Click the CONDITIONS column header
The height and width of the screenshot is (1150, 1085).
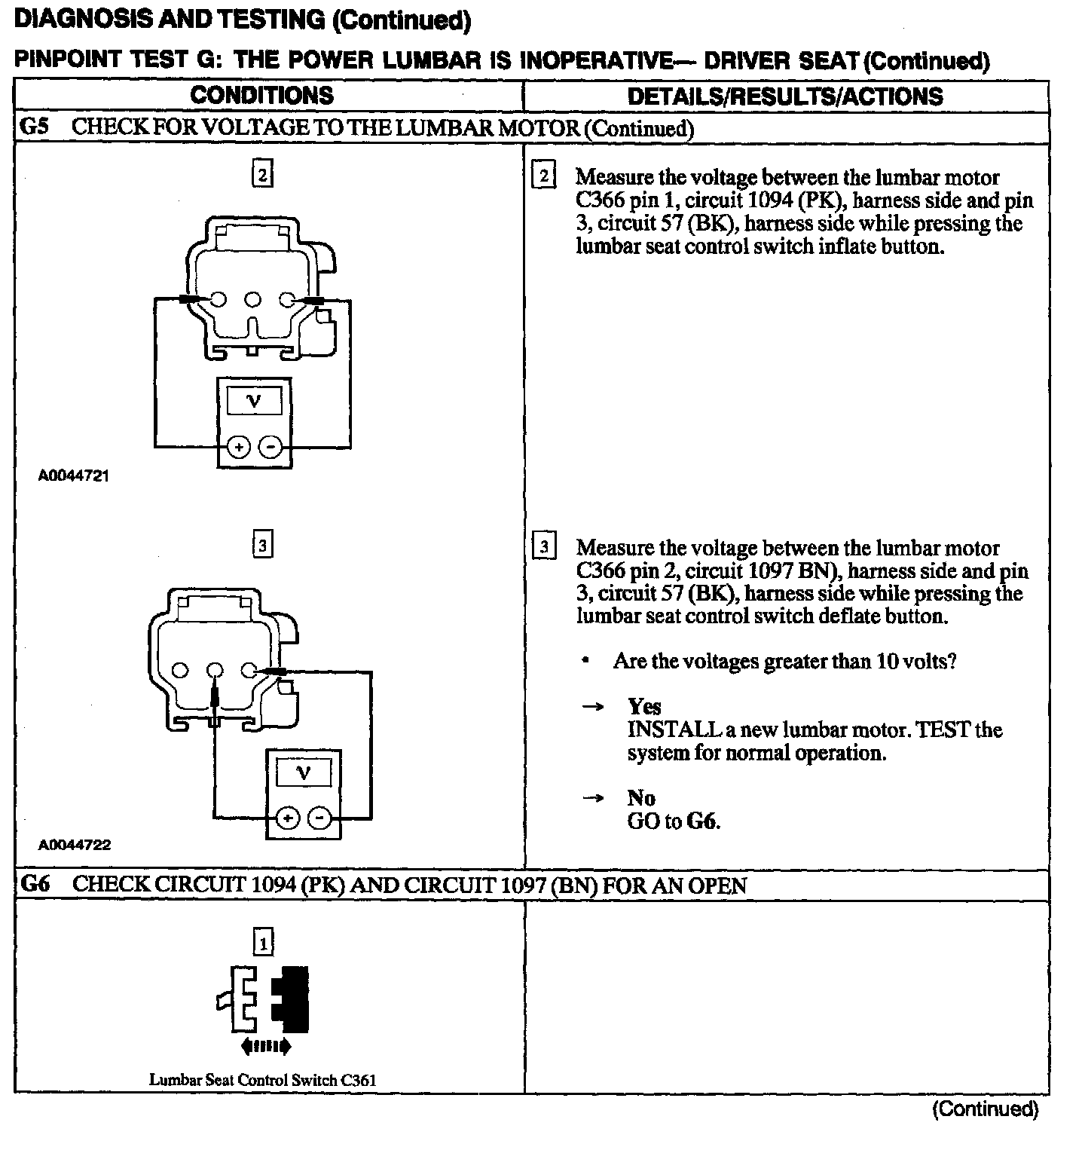point(261,96)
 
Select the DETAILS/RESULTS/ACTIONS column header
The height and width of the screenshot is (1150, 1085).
point(785,96)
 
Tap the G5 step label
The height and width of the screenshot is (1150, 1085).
point(34,127)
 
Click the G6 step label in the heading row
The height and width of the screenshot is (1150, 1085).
point(35,884)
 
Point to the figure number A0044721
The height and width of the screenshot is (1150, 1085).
point(75,476)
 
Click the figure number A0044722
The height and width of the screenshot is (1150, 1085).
point(75,845)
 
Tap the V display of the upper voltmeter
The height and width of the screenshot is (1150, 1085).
point(254,401)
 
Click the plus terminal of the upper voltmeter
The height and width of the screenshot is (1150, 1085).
point(239,448)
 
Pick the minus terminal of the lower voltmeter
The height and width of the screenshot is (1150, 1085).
point(321,818)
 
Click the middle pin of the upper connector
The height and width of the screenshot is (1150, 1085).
point(253,300)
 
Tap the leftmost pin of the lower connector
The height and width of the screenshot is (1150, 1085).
point(181,670)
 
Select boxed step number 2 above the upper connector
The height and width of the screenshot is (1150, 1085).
point(261,175)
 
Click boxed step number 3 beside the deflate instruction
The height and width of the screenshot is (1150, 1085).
point(544,545)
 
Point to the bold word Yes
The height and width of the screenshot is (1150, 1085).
point(644,707)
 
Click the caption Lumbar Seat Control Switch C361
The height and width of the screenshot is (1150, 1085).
point(262,1079)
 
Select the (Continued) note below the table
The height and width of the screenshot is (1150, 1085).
point(986,1109)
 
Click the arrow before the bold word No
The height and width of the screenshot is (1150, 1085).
point(594,798)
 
